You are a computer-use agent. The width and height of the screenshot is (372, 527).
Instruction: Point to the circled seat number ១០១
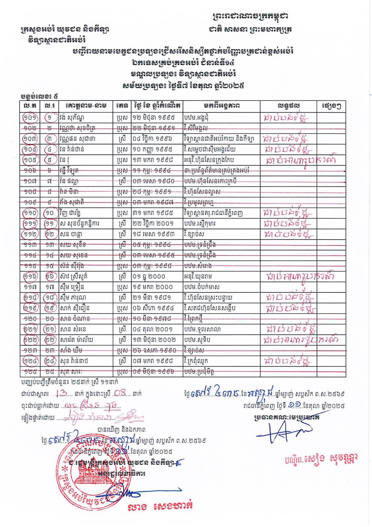pos(30,117)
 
